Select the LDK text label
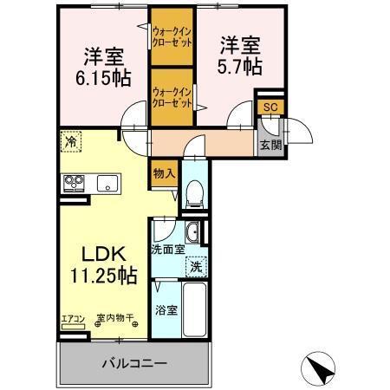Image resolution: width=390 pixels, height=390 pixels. click(x=105, y=255)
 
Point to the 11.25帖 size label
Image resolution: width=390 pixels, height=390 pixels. click(x=103, y=276)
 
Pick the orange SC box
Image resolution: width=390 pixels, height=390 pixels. click(x=270, y=106)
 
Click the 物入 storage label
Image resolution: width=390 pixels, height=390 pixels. click(x=164, y=172)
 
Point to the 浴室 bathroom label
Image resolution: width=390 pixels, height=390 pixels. click(x=167, y=309)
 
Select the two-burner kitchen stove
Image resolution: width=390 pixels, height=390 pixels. click(x=74, y=182)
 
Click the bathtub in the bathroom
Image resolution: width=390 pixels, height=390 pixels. click(x=196, y=309)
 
